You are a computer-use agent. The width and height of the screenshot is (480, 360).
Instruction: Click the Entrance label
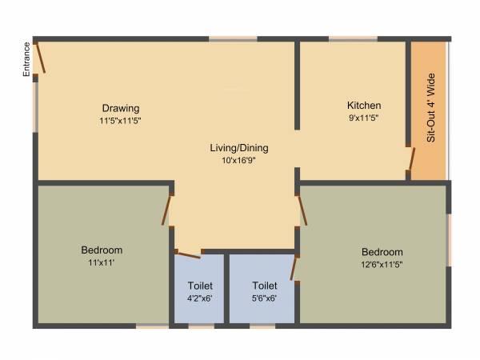[x=26, y=59]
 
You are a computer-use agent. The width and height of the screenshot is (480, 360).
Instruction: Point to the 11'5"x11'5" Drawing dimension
[x=121, y=121]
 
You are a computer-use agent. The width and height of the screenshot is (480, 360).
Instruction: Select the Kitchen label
[x=364, y=106]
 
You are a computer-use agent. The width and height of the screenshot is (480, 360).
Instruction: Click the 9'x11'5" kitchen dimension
[x=364, y=118]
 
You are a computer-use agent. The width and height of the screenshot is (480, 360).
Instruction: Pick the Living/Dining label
[x=239, y=148]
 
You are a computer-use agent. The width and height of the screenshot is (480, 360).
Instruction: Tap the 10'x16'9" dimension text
[x=239, y=160]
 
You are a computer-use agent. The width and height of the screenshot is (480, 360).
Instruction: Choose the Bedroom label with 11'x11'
[x=102, y=250]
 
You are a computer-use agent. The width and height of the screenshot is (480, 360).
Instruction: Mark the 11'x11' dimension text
[x=102, y=262]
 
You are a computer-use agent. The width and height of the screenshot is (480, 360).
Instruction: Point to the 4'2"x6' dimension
[x=200, y=298]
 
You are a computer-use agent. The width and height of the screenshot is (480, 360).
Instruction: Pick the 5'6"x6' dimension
[x=265, y=298]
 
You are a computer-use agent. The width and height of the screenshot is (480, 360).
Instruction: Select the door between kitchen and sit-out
[x=411, y=162]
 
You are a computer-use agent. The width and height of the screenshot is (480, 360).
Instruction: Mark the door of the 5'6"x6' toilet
[x=294, y=268]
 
